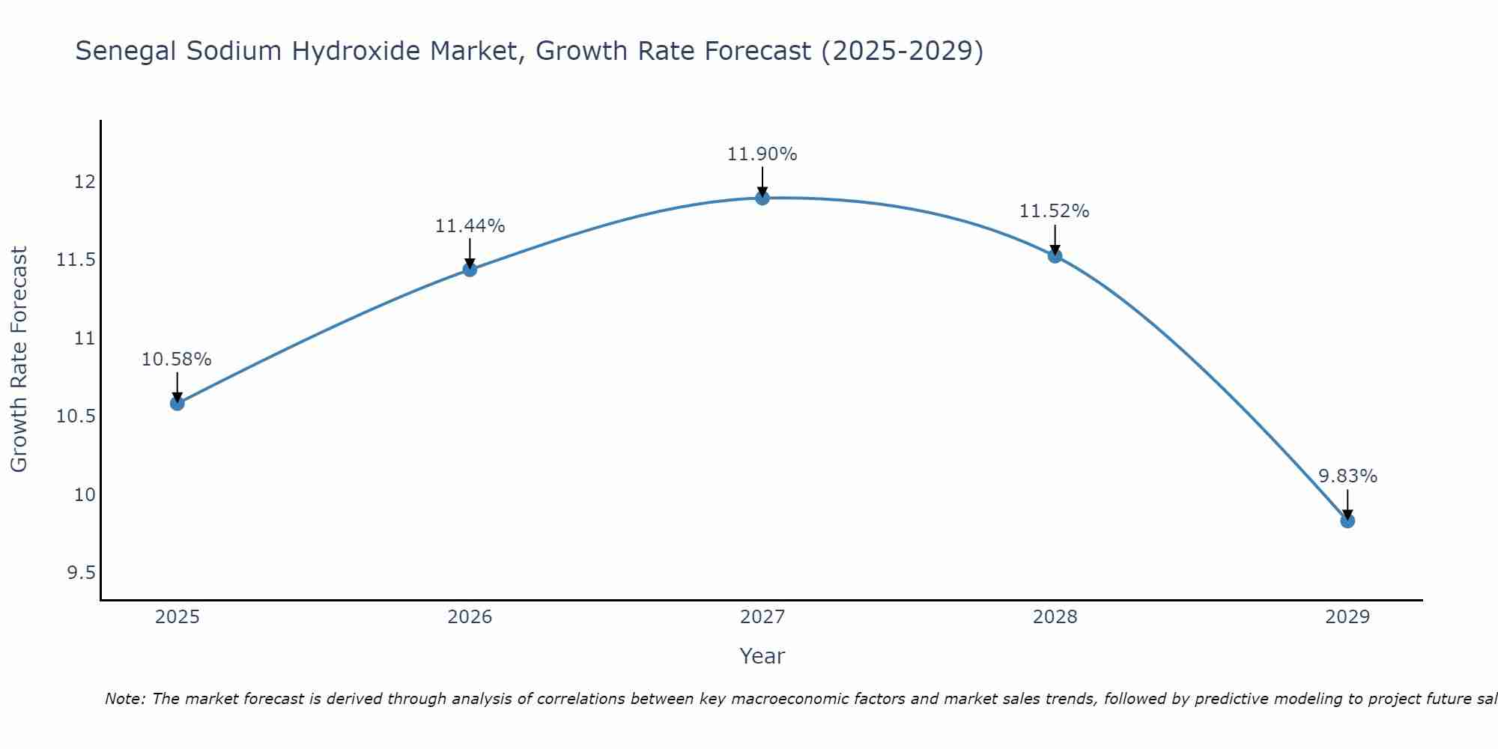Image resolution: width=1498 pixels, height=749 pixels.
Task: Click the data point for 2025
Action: [177, 404]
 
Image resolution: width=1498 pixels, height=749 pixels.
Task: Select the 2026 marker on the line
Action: [470, 270]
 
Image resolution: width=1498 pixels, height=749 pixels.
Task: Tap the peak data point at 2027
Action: [762, 198]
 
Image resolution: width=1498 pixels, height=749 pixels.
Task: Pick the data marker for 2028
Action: [1055, 256]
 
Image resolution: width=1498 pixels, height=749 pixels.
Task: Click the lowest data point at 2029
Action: [1347, 521]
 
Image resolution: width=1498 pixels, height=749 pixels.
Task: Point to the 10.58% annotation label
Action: [177, 360]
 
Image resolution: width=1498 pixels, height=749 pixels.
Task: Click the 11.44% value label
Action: [470, 226]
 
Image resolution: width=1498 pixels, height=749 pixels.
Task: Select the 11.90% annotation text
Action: [762, 154]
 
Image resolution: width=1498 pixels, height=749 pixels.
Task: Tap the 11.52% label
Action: [1055, 211]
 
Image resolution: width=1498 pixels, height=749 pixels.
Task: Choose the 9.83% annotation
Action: [1347, 476]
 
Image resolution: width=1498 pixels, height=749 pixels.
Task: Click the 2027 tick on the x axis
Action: [762, 617]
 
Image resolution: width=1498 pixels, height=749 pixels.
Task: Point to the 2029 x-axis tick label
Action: [1347, 617]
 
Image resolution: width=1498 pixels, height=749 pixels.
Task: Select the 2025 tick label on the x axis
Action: [177, 617]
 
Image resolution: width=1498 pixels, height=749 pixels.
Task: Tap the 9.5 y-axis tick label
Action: [80, 573]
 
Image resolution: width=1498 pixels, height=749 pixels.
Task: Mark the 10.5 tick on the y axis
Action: [76, 416]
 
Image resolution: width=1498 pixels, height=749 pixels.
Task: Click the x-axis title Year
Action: [762, 656]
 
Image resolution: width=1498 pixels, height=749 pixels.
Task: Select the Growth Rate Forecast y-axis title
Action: [19, 360]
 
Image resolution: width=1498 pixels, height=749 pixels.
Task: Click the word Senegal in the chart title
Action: [126, 52]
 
